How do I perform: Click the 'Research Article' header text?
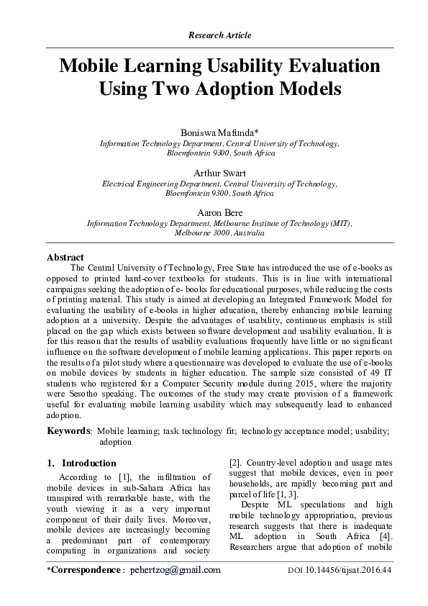click(219, 35)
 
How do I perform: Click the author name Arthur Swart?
click(219, 173)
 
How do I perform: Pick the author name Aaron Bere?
click(219, 212)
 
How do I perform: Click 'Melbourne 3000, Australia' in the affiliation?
click(219, 233)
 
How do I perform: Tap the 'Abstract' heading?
click(65, 257)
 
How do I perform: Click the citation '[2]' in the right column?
click(235, 463)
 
